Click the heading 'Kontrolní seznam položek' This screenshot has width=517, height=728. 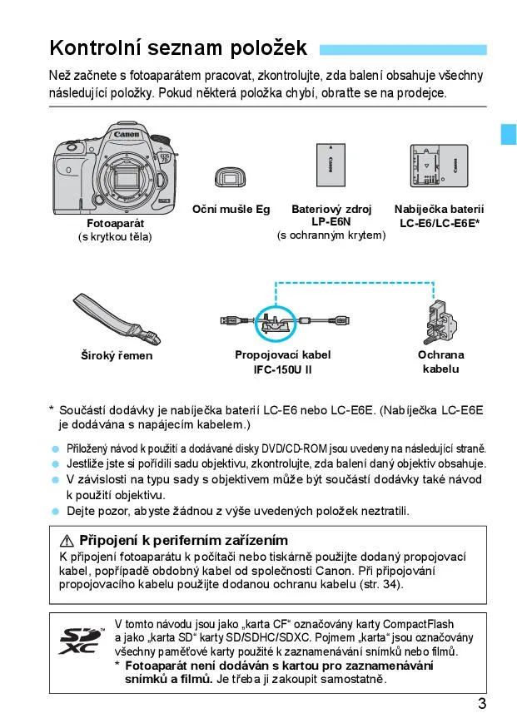(177, 47)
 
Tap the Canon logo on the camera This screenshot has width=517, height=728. (127, 134)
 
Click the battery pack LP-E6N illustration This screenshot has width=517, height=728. (331, 166)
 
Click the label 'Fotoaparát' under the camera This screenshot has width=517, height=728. (115, 224)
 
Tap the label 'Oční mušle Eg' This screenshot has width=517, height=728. (231, 210)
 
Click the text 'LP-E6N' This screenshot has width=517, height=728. (331, 222)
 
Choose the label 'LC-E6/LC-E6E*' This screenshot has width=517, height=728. (439, 223)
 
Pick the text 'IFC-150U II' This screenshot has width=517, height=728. (282, 369)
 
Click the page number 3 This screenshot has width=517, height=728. (482, 704)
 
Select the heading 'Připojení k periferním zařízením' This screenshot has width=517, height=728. (183, 541)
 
